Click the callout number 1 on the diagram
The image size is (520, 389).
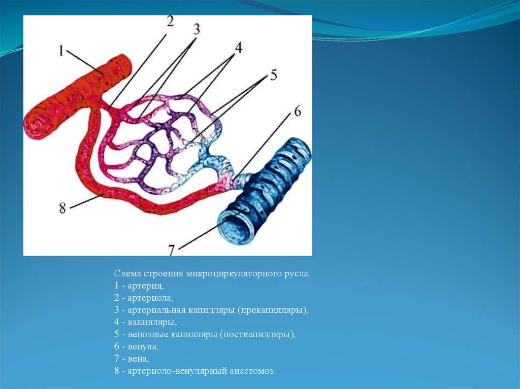61,51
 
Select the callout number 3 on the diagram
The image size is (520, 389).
197,29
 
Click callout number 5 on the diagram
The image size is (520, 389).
273,75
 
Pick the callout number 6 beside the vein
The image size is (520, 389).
298,112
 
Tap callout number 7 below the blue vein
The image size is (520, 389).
171,250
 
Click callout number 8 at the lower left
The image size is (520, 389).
62,208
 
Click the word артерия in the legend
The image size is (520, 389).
146,286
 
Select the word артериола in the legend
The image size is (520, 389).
150,298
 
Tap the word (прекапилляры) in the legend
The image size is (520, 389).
273,310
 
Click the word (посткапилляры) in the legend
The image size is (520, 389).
257,334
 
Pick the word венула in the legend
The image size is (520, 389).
143,346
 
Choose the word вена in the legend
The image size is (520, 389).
138,359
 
